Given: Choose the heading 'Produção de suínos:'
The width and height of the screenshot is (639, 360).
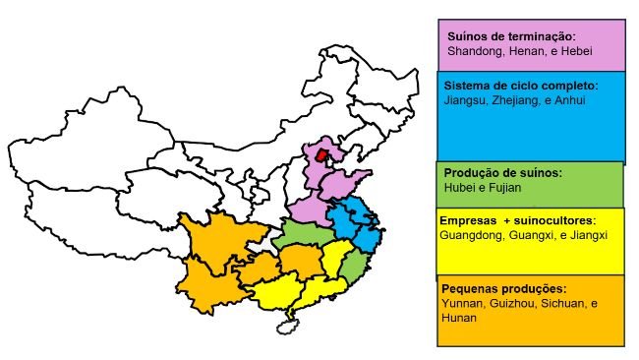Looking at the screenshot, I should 503,173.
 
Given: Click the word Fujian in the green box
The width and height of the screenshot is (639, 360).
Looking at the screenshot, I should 503,187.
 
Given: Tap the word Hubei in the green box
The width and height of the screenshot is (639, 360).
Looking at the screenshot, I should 459,187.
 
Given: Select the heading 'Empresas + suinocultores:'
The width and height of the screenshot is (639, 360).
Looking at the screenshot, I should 518,220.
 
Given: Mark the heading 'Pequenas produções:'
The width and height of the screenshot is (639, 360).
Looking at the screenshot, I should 504,289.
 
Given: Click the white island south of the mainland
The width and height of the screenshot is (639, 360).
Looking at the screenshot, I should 288,324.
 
